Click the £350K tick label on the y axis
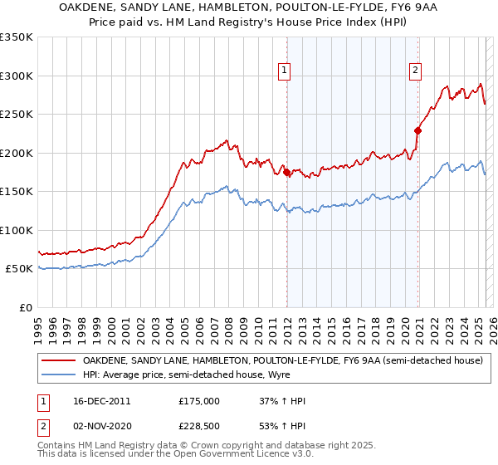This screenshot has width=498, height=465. (17, 37)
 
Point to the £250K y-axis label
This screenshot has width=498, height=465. (17, 115)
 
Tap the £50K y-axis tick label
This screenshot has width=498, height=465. (19, 269)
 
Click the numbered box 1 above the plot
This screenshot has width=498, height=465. (285, 71)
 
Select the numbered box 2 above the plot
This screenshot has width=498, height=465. (415, 71)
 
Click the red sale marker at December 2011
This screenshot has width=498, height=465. (287, 172)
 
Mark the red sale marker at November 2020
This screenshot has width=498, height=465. (417, 130)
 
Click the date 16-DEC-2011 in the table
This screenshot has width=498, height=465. (101, 401)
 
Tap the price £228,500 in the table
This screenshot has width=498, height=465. (199, 426)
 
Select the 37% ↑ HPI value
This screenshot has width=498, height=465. (282, 401)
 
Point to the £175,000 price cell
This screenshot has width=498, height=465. (199, 401)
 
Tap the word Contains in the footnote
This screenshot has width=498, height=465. (57, 446)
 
